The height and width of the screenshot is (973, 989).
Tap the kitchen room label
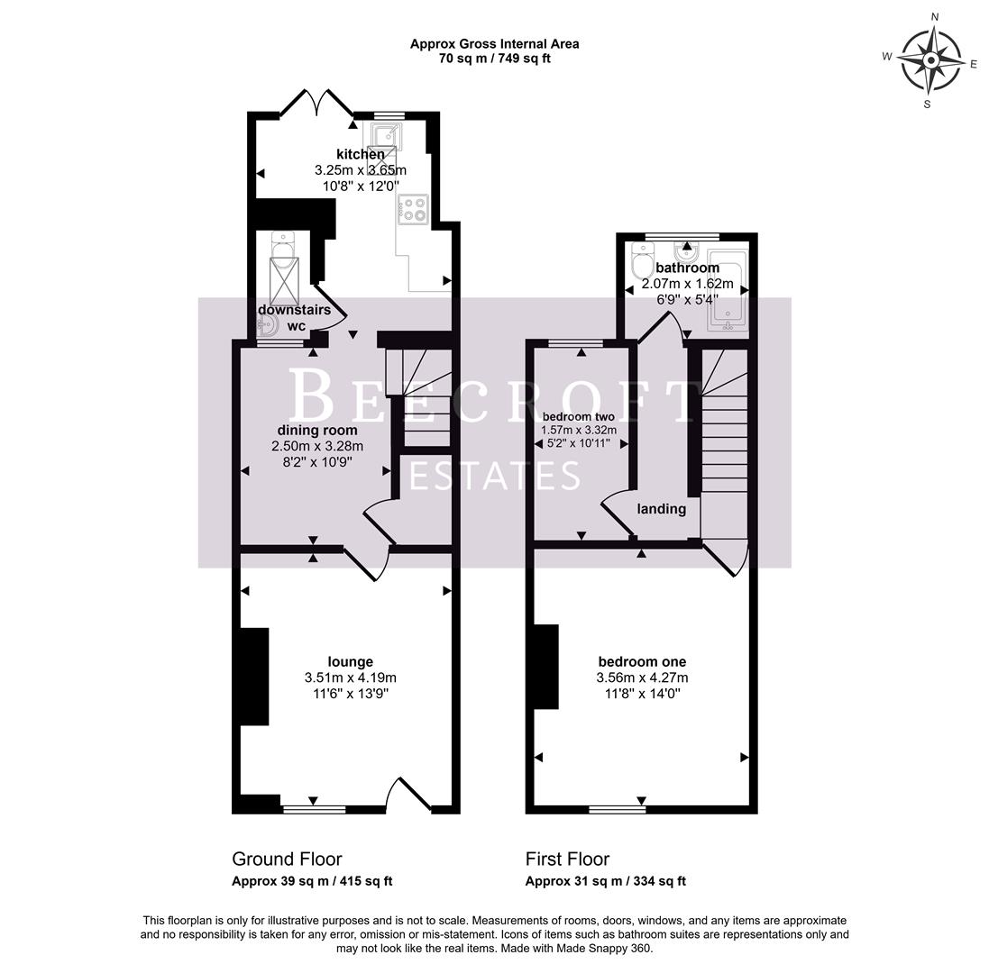(x=361, y=154)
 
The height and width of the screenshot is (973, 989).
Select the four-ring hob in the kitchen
(x=414, y=209)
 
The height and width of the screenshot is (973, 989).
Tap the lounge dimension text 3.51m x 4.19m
(x=351, y=677)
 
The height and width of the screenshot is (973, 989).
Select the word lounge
(x=351, y=661)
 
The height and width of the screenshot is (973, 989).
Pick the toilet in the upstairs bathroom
(x=644, y=263)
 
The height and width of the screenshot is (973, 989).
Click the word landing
(x=662, y=508)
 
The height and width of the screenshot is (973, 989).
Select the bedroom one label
(x=641, y=661)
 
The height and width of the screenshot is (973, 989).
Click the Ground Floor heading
(x=287, y=859)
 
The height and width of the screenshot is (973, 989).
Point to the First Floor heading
(x=567, y=859)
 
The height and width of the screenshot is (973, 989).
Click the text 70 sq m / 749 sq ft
(x=495, y=59)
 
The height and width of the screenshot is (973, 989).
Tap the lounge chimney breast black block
(x=254, y=677)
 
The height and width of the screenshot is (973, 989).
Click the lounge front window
(x=314, y=809)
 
